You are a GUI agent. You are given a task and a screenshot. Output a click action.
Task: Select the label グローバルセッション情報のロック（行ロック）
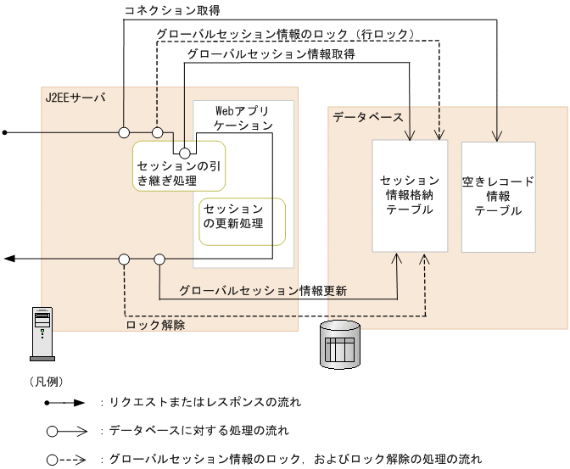tap(285, 35)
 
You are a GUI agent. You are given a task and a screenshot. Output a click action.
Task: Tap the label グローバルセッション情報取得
tap(271, 53)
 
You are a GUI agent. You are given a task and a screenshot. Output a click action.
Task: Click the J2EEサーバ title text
tap(75, 98)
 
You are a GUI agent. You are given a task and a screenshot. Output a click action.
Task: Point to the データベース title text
tap(366, 117)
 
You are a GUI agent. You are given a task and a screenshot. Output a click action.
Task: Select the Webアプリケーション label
tap(243, 118)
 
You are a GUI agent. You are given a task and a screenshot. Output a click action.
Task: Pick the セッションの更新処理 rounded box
tap(242, 221)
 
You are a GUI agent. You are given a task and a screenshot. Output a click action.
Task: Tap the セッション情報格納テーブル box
tap(410, 196)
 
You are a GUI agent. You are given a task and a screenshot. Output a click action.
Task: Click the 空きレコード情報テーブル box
tap(498, 196)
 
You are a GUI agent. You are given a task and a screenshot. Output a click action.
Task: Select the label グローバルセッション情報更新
tap(263, 290)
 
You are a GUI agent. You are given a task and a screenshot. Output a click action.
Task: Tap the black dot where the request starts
tap(5, 132)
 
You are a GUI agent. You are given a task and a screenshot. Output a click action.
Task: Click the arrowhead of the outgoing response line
tap(8, 259)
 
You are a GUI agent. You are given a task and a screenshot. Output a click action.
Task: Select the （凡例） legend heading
tap(47, 382)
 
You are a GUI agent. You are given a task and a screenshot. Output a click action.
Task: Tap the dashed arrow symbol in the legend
tap(67, 460)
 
